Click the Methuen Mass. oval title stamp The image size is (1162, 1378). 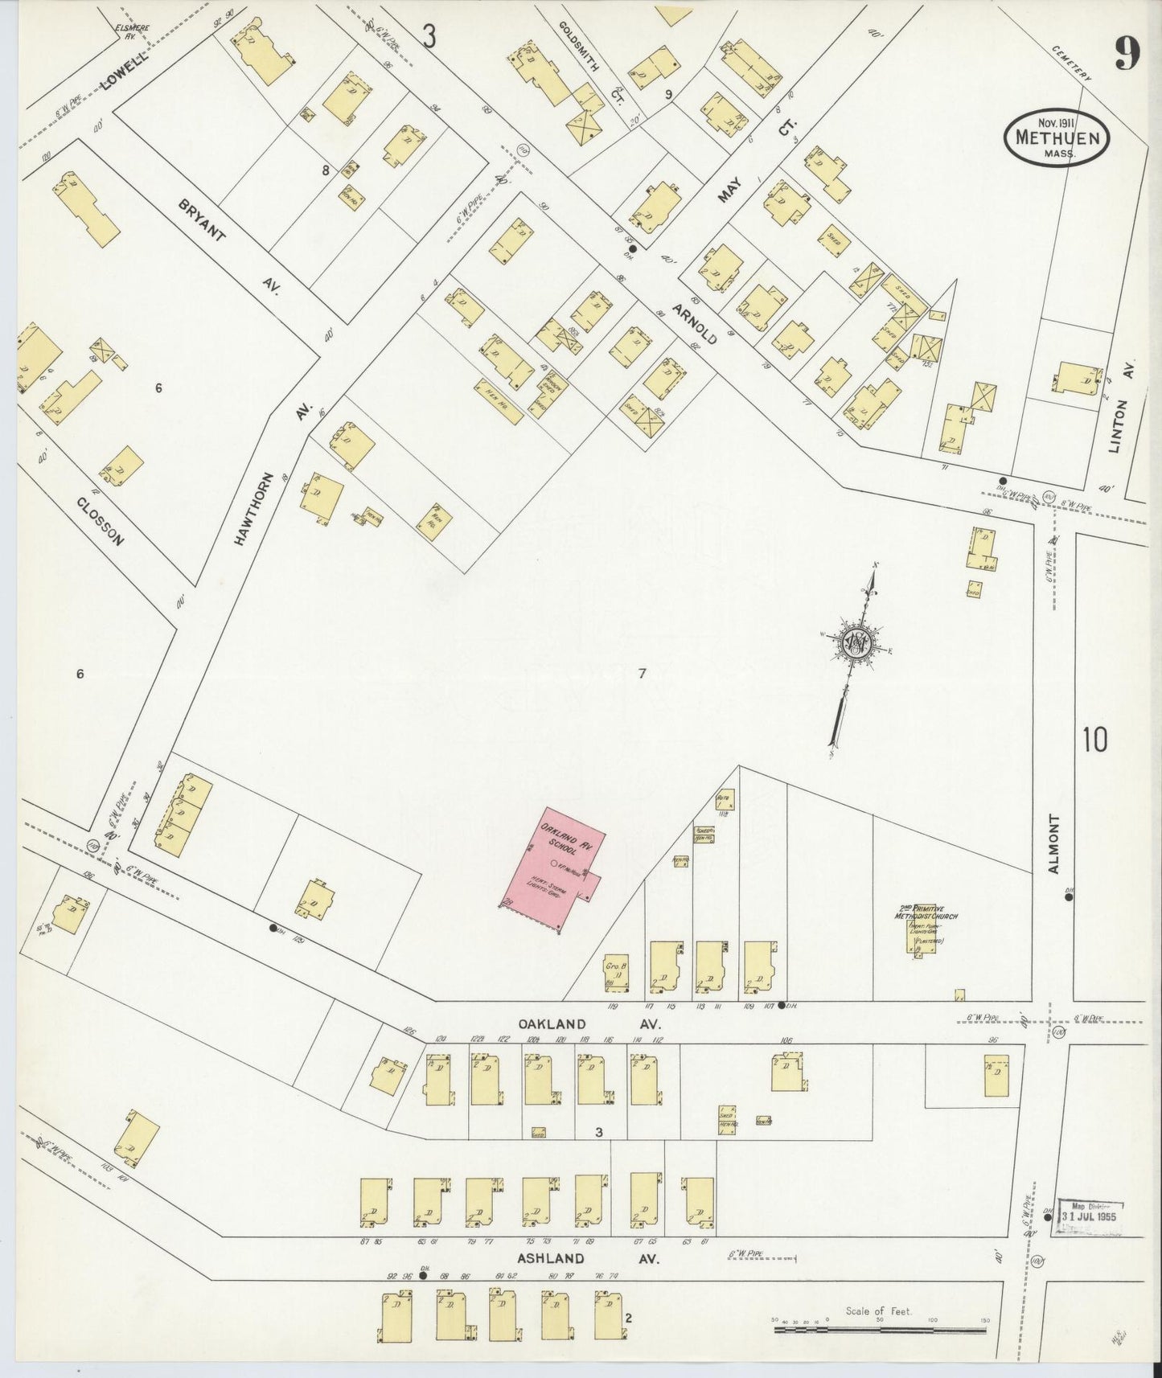(x=1057, y=138)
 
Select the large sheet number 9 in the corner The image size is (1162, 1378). (x=1127, y=55)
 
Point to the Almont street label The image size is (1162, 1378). (x=1055, y=844)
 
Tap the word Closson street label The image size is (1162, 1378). (x=101, y=521)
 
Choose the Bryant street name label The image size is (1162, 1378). (x=203, y=222)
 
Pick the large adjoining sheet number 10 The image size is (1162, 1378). (x=1094, y=740)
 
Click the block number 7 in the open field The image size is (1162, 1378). (x=642, y=674)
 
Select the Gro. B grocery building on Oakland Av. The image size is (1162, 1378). (x=615, y=973)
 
